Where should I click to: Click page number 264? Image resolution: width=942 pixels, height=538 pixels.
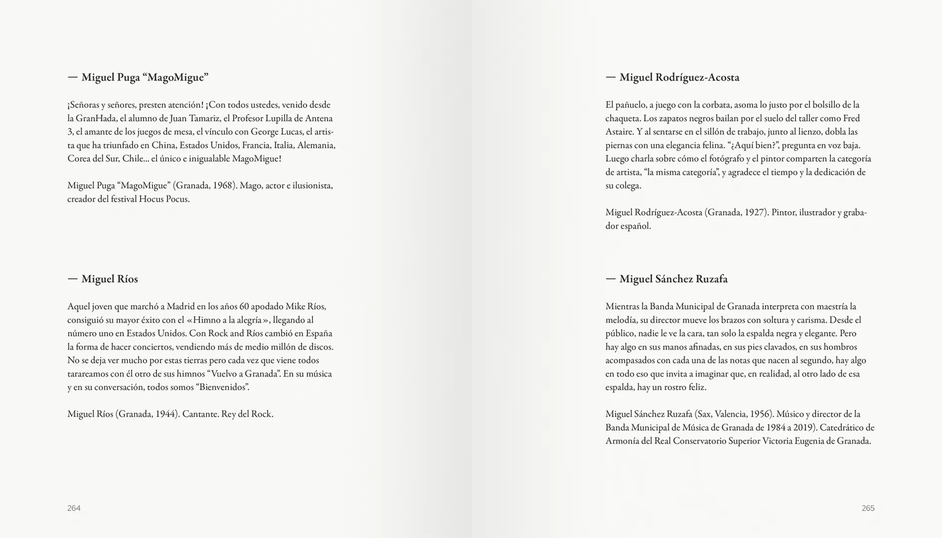(74, 508)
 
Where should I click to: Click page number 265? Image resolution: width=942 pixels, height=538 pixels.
(868, 508)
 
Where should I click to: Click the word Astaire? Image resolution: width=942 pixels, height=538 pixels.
(619, 132)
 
